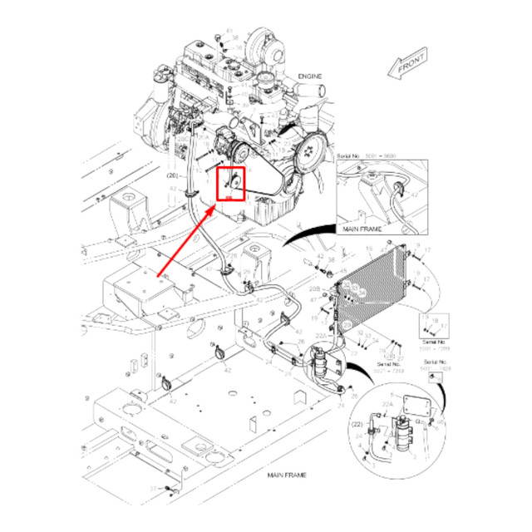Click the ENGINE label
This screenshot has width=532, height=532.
pyautogui.click(x=308, y=76)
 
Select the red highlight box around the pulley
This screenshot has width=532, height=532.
pyautogui.click(x=230, y=182)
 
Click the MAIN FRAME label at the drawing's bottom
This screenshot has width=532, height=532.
pyautogui.click(x=288, y=474)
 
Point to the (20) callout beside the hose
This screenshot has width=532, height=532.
pyautogui.click(x=173, y=175)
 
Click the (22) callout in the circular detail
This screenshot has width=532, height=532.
pyautogui.click(x=358, y=424)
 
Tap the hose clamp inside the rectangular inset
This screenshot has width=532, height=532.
pyautogui.click(x=397, y=189)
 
